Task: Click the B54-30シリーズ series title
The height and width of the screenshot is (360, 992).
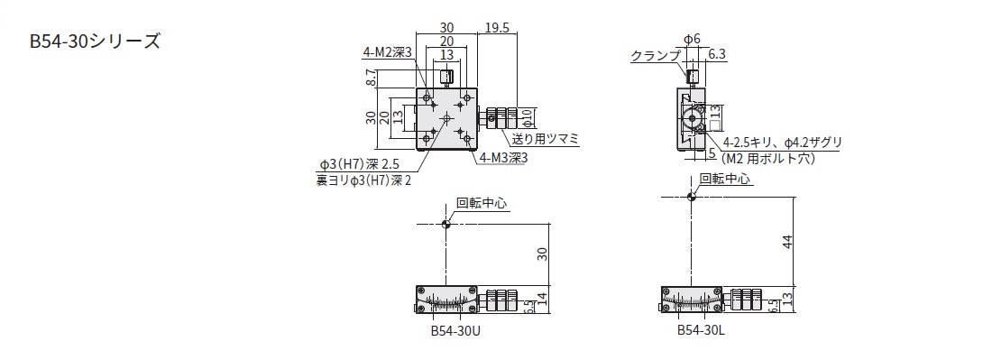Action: (95, 42)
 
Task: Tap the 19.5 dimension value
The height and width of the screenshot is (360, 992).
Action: (498, 28)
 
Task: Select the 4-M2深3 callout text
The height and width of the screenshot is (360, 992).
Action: (388, 53)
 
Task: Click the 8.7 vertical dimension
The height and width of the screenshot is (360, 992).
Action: (372, 78)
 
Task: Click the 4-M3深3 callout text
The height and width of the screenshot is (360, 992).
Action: (503, 158)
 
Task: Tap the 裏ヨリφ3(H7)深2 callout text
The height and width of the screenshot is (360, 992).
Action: (363, 181)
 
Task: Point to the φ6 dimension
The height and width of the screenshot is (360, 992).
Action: (693, 39)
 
